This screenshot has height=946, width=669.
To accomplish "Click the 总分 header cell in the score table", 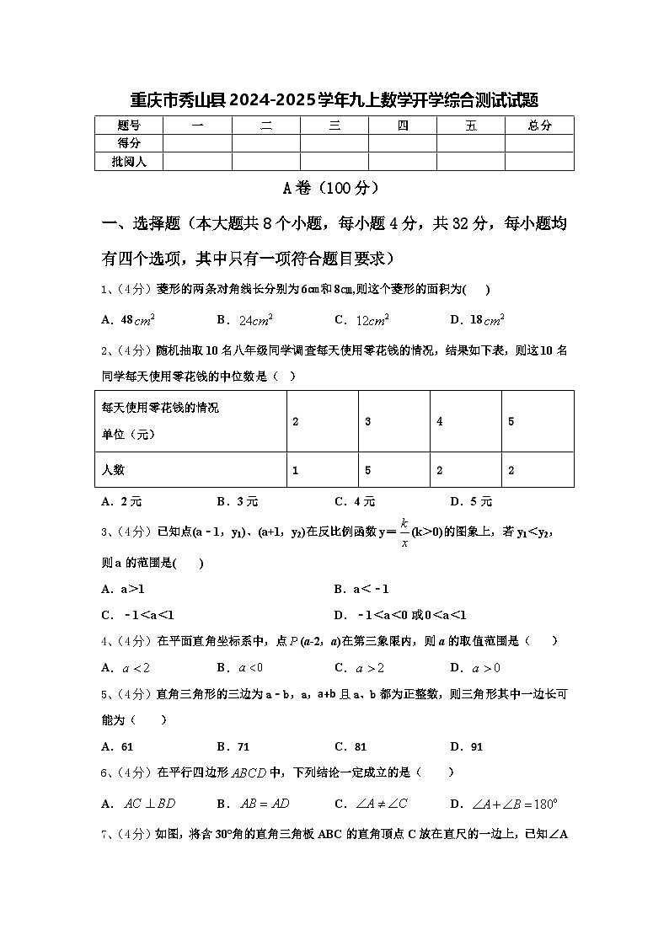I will pos(539,126).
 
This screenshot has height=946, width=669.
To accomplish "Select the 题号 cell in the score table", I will pos(129,126).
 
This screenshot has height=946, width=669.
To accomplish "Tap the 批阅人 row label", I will pos(129,161).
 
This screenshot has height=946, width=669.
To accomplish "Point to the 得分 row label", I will pos(129,143).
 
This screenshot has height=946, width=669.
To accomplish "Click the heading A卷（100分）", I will pos(334,188).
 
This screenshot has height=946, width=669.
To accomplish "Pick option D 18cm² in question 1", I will pos(477,319).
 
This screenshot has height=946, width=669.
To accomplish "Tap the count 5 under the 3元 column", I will pos(368,470).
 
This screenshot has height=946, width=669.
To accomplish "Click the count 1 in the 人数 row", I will pos(296,470).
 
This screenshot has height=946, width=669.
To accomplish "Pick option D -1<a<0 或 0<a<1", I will pos(400,614).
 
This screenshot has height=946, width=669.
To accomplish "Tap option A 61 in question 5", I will pos(118,746).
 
